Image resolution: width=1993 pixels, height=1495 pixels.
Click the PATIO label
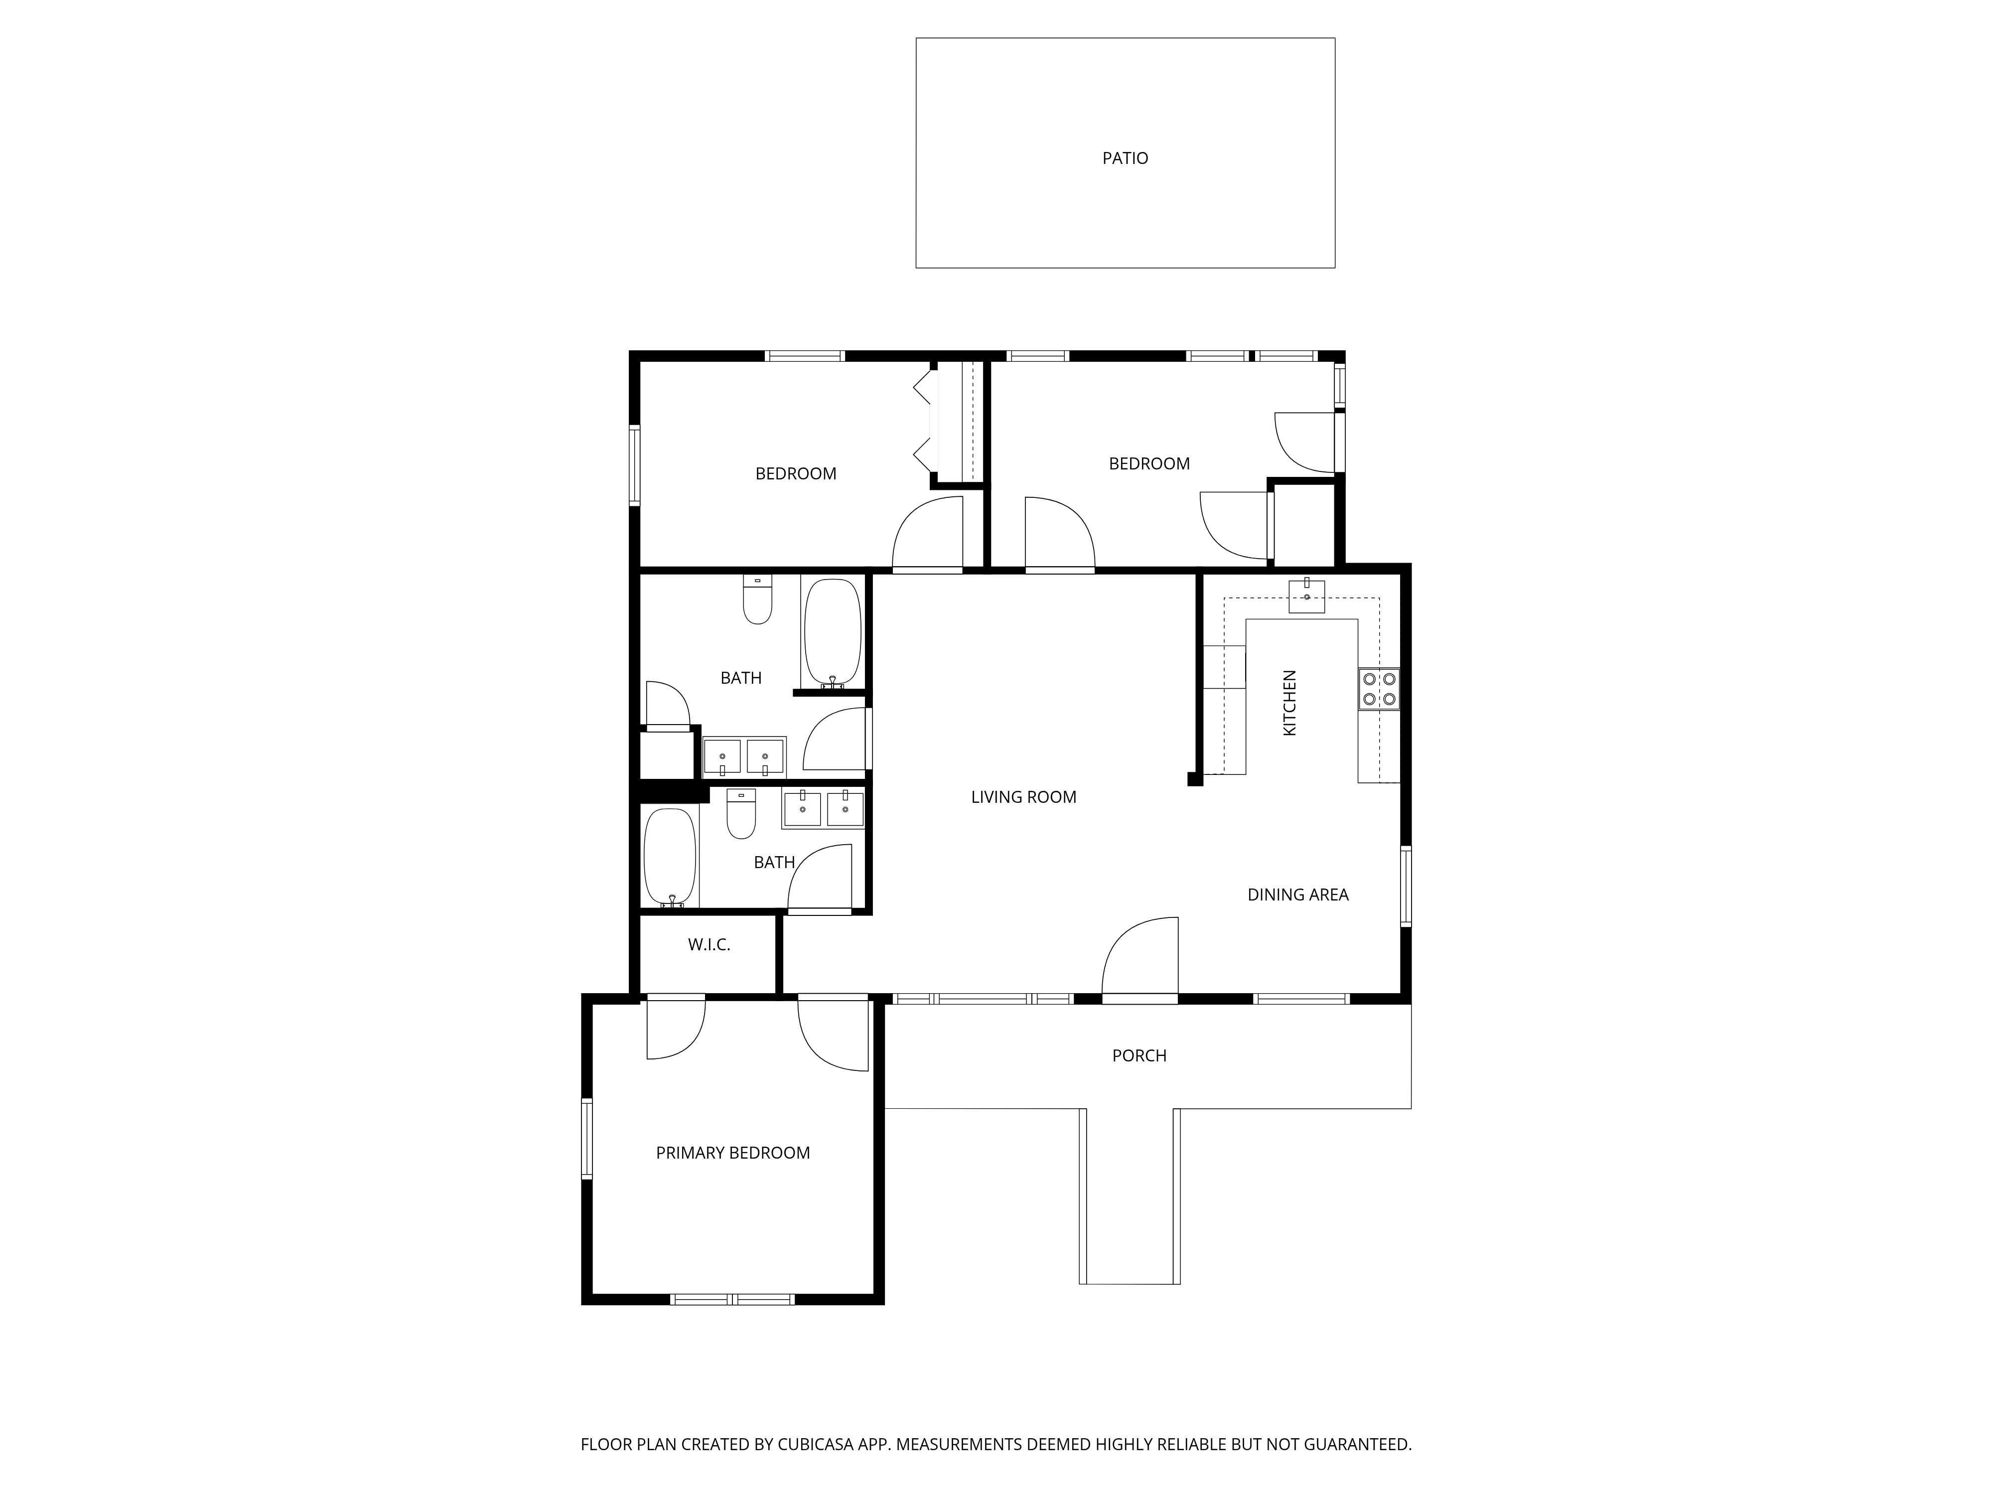click(1126, 158)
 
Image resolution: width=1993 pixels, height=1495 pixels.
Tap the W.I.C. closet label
click(709, 944)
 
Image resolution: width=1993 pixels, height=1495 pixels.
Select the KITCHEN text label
click(1289, 703)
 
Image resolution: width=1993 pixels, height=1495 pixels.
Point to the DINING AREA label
click(1297, 895)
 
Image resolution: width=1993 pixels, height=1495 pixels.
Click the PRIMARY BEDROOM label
click(732, 1153)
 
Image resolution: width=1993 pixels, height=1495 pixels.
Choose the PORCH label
click(1139, 1055)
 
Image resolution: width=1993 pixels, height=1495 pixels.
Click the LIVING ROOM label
click(1023, 797)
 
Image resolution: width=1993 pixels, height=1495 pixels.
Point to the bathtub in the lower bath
click(670, 857)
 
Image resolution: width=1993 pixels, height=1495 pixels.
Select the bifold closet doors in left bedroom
click(924, 421)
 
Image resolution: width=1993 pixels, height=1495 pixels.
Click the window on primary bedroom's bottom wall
click(731, 1299)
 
